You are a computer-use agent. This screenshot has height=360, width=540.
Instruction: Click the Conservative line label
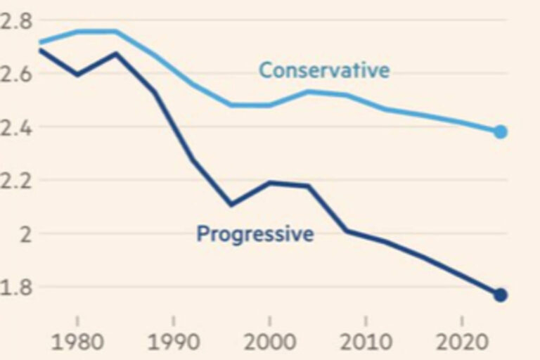[324, 70]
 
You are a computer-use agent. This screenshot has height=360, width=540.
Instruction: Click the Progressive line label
[255, 233]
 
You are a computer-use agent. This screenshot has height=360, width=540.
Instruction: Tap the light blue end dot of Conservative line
[501, 131]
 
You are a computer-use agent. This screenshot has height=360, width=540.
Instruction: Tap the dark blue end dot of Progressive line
[501, 295]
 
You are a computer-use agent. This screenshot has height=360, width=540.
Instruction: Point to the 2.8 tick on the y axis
[15, 20]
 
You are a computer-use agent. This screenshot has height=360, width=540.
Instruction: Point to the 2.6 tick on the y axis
[15, 74]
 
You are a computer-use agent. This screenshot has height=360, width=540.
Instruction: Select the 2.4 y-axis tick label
[15, 127]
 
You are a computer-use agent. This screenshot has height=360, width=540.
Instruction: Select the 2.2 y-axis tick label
[15, 180]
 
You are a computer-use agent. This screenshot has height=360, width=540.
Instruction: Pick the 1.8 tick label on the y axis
[15, 287]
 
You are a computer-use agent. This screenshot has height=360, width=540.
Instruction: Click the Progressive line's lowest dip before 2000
[230, 205]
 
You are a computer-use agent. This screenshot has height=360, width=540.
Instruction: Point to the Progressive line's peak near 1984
[115, 53]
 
